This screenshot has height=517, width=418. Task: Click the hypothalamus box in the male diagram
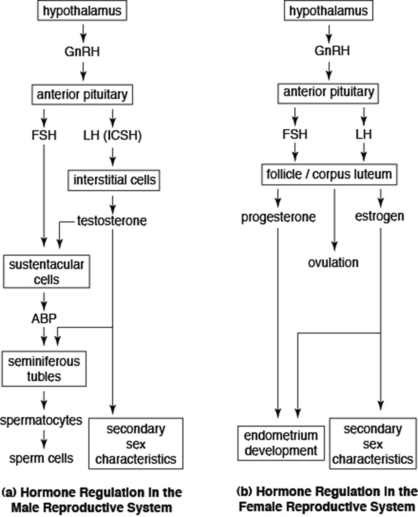tap(82, 11)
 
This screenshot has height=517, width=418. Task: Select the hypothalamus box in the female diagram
tap(328, 11)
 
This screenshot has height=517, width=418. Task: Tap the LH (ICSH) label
tap(112, 135)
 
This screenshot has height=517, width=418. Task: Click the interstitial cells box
tap(114, 180)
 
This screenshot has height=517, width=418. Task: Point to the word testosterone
tap(112, 220)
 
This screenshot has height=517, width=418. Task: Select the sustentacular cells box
tap(46, 271)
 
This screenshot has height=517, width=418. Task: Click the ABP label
tap(44, 318)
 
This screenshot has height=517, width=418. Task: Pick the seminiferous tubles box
tap(44, 368)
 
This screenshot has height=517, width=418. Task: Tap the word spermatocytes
tap(41, 420)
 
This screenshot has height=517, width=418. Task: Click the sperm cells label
tap(41, 458)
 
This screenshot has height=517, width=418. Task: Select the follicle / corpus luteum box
tap(329, 174)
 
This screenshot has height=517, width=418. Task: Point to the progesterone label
tap(278, 217)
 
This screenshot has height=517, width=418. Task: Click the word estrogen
tap(379, 216)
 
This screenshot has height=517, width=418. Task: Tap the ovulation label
tap(333, 262)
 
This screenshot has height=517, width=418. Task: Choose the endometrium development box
tap(281, 443)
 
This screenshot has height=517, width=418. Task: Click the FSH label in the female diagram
tap(294, 134)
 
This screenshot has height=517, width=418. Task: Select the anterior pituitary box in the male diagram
tap(82, 94)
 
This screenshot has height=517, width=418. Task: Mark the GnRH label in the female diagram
tap(332, 51)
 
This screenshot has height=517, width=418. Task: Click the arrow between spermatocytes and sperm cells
tap(44, 439)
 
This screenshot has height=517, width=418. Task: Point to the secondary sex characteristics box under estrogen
tap(372, 444)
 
